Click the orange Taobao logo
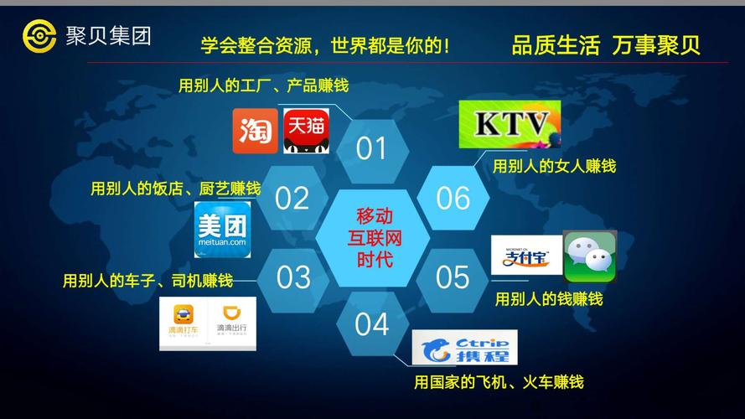(x=255, y=132)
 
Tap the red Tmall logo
(x=306, y=132)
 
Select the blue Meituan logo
(x=222, y=230)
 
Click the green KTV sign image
(x=510, y=124)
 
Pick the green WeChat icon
(x=590, y=256)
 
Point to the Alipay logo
(x=526, y=255)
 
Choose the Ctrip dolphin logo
(x=464, y=348)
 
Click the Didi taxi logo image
(x=208, y=323)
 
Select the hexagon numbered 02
(x=292, y=199)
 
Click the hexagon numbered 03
(x=293, y=277)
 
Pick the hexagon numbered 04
(x=372, y=323)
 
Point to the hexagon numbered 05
(x=453, y=277)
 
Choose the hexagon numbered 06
(x=453, y=198)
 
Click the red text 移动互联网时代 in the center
(x=374, y=237)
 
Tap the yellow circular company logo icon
(x=39, y=36)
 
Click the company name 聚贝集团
(x=108, y=36)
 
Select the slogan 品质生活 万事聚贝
(x=605, y=45)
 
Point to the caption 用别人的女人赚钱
(x=554, y=166)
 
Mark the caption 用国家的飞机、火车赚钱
(x=499, y=382)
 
